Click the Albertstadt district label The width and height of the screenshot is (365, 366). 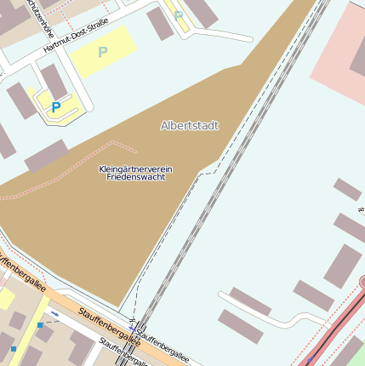click(x=189, y=125)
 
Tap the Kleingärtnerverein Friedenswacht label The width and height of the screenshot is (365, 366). click(x=135, y=173)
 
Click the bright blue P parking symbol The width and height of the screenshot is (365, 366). click(x=56, y=107)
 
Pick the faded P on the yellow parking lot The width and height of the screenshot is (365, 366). click(x=103, y=53)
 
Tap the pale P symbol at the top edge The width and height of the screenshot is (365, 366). click(x=178, y=14)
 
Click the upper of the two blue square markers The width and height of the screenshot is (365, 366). click(x=40, y=324)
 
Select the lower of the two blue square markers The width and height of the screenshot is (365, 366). click(x=14, y=348)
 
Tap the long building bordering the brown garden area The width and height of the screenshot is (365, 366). click(x=47, y=157)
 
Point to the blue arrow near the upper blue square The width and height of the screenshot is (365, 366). click(x=54, y=314)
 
